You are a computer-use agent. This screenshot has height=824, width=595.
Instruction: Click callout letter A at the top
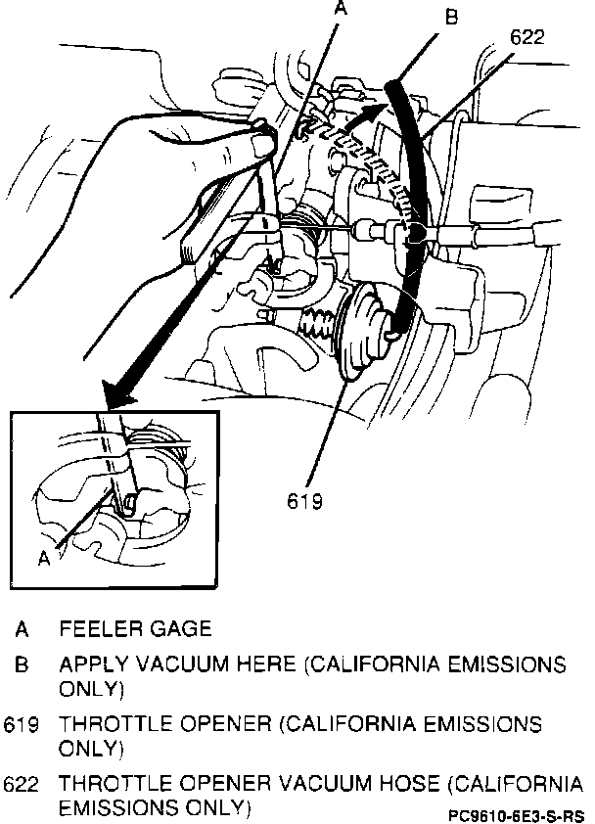[x=340, y=8]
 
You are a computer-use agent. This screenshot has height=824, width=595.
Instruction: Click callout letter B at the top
[x=449, y=17]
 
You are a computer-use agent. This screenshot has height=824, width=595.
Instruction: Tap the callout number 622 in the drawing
[x=527, y=37]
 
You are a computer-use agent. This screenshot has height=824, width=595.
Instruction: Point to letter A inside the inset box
[x=43, y=557]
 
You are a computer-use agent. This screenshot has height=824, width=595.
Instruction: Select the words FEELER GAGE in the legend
[x=135, y=628]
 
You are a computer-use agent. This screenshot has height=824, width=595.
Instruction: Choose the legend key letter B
[x=21, y=665]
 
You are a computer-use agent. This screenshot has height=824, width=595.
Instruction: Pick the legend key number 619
[x=21, y=725]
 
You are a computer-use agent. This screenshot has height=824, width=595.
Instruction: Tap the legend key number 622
[x=21, y=785]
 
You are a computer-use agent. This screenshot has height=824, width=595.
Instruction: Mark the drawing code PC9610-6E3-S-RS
[x=516, y=814]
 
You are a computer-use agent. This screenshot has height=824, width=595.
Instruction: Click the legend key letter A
[x=21, y=628]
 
